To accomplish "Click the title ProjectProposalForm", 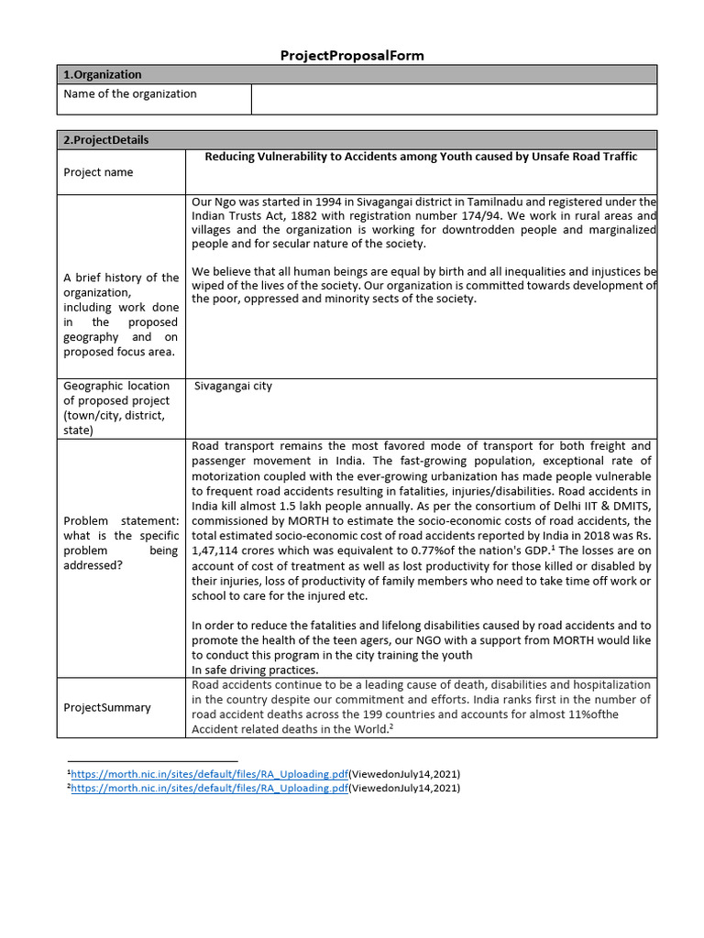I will pos(352,56).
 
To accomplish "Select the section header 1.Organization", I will pos(102,74).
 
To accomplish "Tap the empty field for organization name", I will pos(454,99).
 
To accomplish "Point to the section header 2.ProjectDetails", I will pos(105,140).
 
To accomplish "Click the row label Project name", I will pos(98,172).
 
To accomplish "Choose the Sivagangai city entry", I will pos(233,387).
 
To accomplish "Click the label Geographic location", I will pos(116,386).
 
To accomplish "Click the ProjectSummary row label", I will pos(107,707).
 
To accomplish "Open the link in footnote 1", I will pos(209,773).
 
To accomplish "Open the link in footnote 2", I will pos(209,788).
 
